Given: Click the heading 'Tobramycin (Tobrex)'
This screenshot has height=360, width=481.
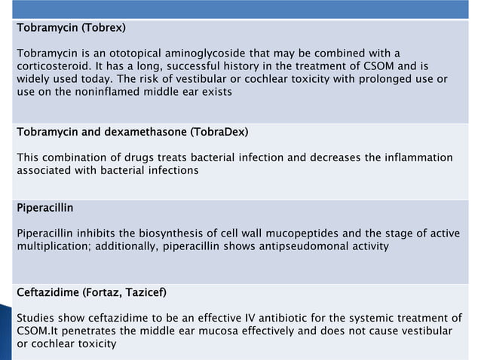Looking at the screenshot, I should (71, 29).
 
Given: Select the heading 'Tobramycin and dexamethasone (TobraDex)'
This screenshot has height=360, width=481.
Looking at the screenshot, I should (132, 133).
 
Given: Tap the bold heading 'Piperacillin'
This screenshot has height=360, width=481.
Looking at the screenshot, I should (45, 206).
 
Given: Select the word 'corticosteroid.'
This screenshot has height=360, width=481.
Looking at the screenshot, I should (52, 66).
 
